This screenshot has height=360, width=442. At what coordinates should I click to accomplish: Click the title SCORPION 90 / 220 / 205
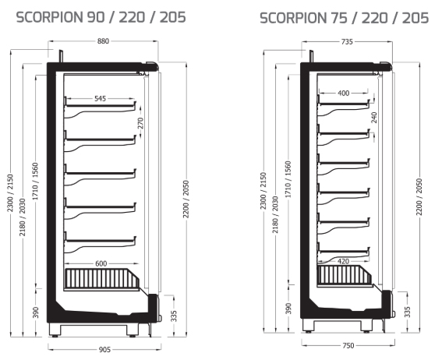101,17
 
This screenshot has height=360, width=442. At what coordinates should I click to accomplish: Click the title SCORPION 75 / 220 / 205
345,18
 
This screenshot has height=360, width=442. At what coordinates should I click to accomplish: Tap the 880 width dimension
103,41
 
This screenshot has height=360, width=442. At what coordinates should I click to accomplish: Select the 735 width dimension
347,42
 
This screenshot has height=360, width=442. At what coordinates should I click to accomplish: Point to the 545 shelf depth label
100,99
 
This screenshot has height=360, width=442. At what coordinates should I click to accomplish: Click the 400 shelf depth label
343,93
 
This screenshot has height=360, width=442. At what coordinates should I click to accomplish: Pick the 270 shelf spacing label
140,123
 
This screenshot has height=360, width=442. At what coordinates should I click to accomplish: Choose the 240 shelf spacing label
374,117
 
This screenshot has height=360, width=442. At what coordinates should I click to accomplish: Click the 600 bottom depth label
101,263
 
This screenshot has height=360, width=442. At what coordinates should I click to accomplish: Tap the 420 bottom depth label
343,261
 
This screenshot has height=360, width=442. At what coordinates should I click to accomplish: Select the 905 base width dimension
104,350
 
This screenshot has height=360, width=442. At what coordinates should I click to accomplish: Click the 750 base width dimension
348,346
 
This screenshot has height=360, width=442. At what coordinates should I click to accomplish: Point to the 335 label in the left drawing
174,316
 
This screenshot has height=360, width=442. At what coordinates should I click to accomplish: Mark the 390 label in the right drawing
288,309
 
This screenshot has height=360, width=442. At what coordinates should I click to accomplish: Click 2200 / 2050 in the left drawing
186,199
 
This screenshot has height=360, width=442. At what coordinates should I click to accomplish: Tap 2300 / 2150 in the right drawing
263,191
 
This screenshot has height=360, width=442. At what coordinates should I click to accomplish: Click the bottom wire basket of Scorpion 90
102,279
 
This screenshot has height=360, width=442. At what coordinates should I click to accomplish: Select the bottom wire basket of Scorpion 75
345,275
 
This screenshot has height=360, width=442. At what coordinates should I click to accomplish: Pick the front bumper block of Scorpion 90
154,307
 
